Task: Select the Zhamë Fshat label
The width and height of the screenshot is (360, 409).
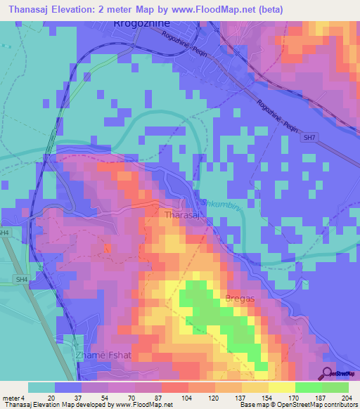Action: point(99,356)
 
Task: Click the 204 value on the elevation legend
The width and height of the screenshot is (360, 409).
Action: point(343,397)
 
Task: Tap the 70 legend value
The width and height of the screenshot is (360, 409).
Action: point(121,397)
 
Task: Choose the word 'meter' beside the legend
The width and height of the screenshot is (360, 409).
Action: point(9,397)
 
